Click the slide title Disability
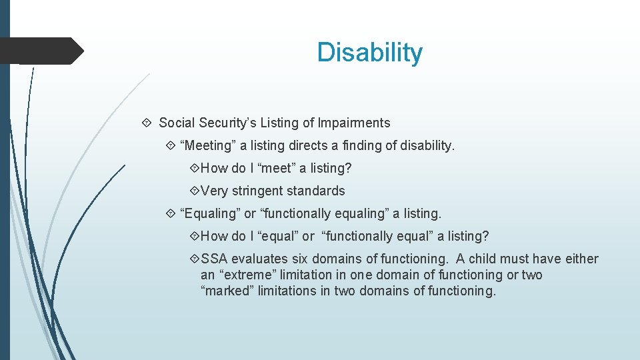[x=369, y=53]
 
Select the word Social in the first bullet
[x=176, y=123]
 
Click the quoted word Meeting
[x=207, y=145]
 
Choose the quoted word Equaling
[x=210, y=213]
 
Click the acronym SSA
[x=215, y=259]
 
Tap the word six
[x=301, y=259]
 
